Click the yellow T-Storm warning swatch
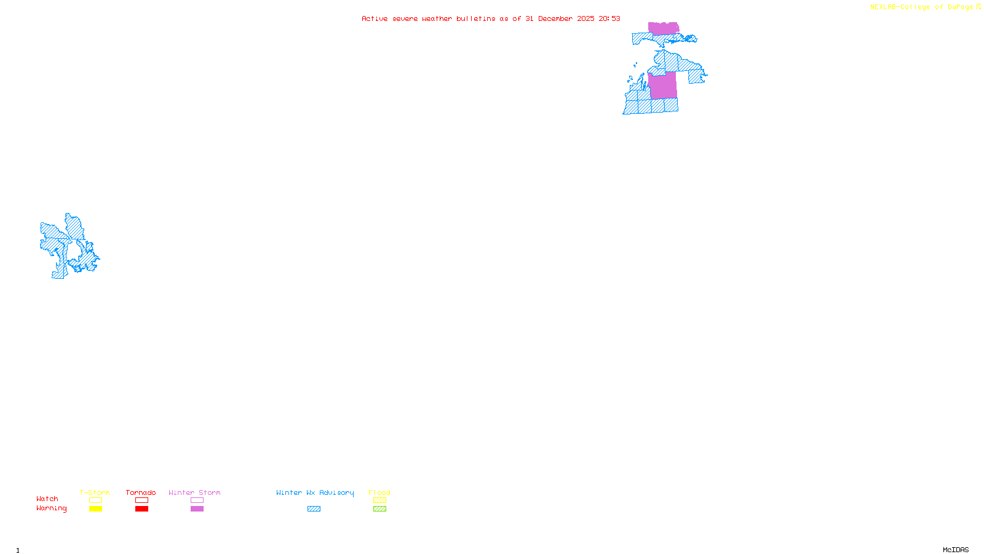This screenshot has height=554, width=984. [x=95, y=509]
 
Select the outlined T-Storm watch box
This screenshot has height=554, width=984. [x=95, y=500]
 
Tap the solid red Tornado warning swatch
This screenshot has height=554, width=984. [x=141, y=509]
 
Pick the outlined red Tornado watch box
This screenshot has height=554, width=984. [x=141, y=500]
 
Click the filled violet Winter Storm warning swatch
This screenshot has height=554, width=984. [x=197, y=509]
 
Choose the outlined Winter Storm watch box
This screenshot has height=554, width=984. [x=197, y=500]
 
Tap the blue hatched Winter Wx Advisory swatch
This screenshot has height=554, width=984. [x=314, y=509]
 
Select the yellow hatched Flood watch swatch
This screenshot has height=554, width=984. [x=379, y=500]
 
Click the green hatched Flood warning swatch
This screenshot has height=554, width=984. [x=379, y=509]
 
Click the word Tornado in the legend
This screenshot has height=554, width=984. [x=141, y=492]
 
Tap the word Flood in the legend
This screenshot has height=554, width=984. [x=379, y=492]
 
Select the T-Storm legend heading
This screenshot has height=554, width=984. [x=95, y=492]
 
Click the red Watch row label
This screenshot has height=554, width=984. [x=47, y=499]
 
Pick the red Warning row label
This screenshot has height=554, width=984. [x=51, y=508]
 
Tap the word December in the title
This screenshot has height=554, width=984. [x=555, y=18]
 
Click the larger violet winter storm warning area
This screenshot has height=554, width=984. [x=662, y=86]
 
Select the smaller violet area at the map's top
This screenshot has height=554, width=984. [x=664, y=28]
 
